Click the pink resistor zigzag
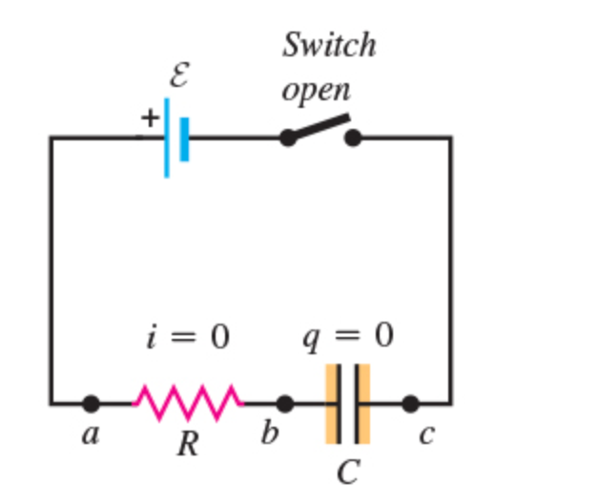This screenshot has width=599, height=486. pos(188,403)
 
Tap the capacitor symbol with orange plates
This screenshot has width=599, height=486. pos(347,403)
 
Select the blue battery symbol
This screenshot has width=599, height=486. pos(176,137)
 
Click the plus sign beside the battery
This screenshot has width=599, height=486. pos(150,117)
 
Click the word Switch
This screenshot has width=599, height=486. pos(329,45)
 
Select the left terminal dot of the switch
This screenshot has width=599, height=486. pos(287,138)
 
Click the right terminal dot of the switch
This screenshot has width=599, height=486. pos(353,138)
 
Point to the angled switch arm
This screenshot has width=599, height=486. pos(320,128)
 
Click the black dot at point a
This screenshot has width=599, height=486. pos(91,404)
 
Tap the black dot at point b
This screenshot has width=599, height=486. pos(284,404)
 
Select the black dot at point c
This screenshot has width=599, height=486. pos(410,404)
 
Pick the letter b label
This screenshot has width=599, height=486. pos(270,433)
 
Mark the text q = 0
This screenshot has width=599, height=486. pos(347,336)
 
